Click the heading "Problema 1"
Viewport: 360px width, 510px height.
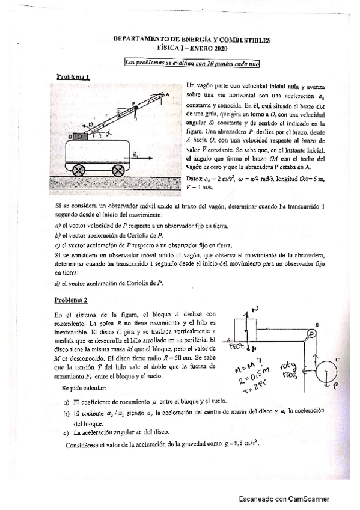pyautogui.click(x=73, y=77)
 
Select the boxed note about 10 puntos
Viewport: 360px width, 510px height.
pyautogui.click(x=192, y=63)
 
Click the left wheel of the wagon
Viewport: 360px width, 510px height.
pyautogui.click(x=78, y=170)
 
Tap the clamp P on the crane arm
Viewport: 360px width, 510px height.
pyautogui.click(x=136, y=108)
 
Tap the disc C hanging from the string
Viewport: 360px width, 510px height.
pyautogui.click(x=325, y=376)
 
